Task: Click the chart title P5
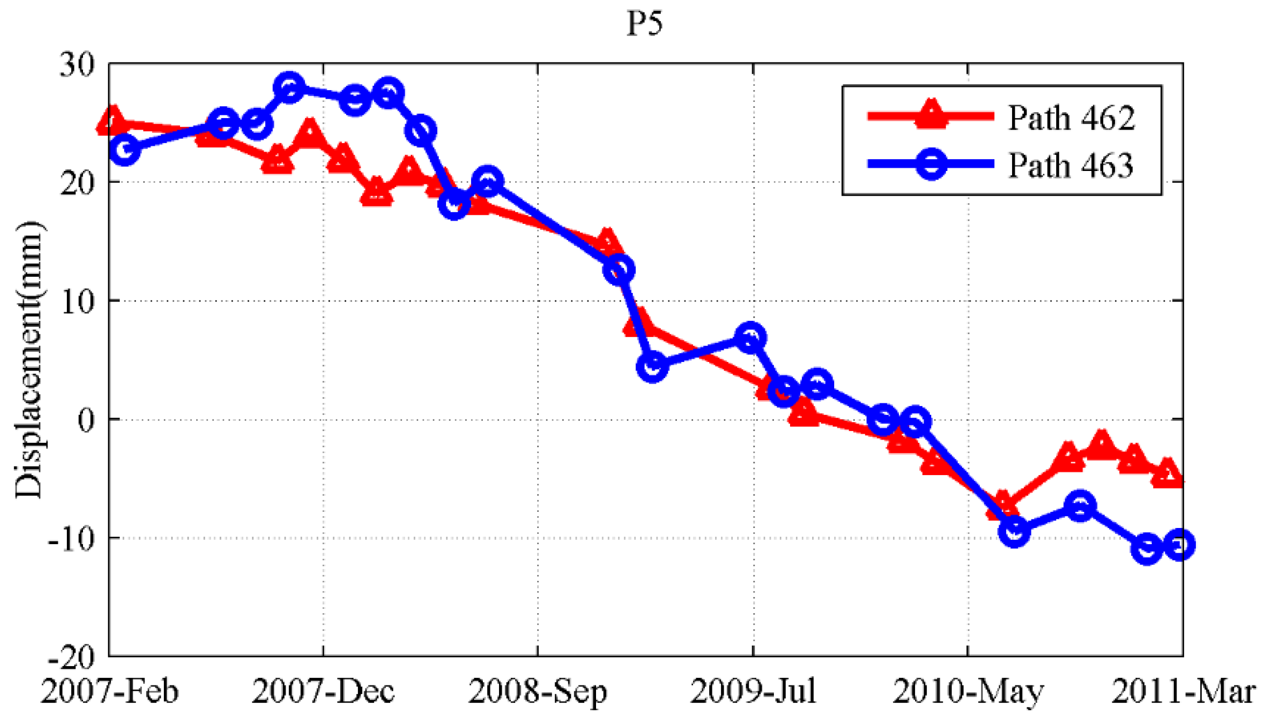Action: pyautogui.click(x=644, y=24)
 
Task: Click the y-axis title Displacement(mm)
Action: pyautogui.click(x=28, y=360)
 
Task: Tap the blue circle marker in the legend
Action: pyautogui.click(x=931, y=163)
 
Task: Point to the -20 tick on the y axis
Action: pyautogui.click(x=72, y=657)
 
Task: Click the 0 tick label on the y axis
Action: pyautogui.click(x=86, y=420)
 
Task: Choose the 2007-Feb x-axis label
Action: pyautogui.click(x=109, y=691)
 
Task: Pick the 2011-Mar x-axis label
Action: pyautogui.click(x=1182, y=691)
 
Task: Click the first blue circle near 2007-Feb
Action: pyautogui.click(x=125, y=149)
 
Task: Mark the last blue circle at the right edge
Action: pyautogui.click(x=1179, y=544)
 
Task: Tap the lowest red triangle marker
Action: pyautogui.click(x=1002, y=505)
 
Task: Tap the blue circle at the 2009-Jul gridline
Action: pyautogui.click(x=750, y=338)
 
